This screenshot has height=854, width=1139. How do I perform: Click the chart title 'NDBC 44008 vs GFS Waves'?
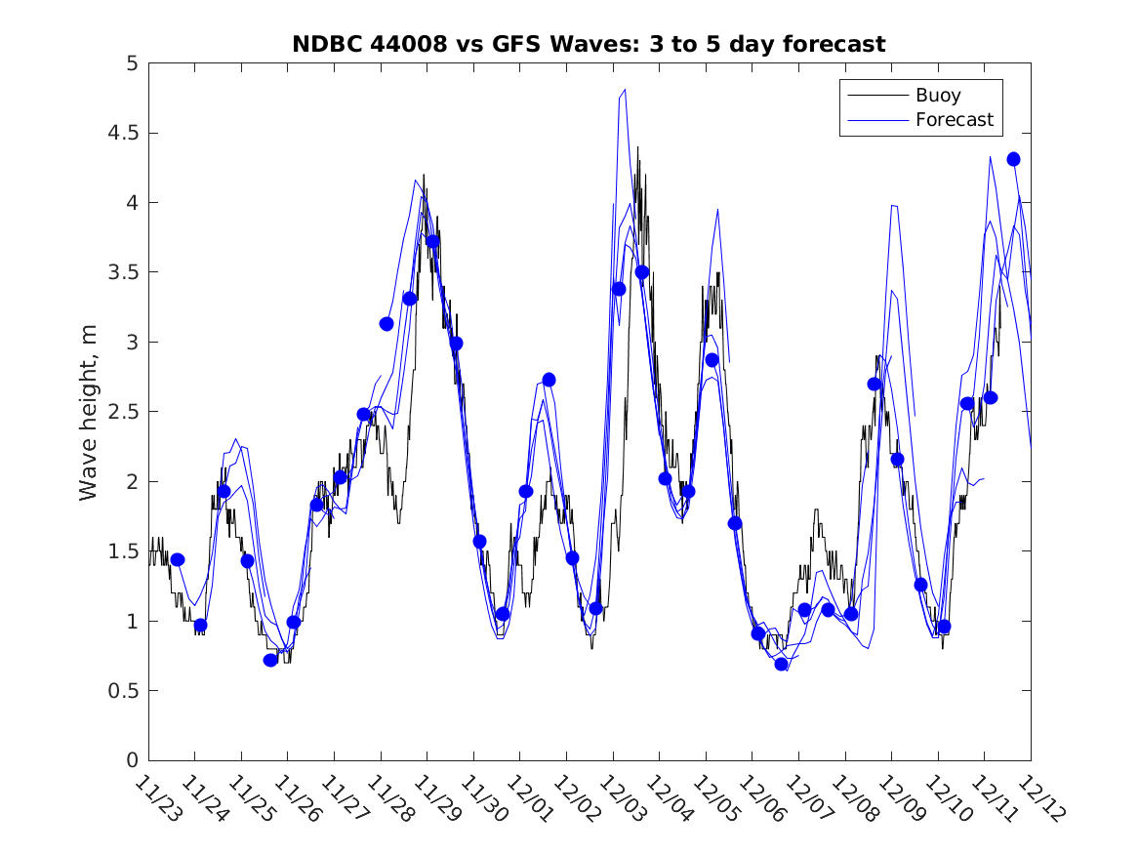589,45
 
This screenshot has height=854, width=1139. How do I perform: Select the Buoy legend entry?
938,96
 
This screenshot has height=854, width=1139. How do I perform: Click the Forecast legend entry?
954,120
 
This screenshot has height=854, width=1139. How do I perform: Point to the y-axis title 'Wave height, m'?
89,411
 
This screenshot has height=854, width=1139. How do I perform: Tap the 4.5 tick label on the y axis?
122,133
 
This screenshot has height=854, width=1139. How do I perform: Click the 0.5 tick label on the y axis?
122,691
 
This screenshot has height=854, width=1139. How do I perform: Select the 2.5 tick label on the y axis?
122,412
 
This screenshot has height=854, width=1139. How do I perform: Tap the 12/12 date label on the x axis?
1037,798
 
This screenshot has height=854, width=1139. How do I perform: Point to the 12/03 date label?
619,798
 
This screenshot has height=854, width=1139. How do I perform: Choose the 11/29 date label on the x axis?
433,798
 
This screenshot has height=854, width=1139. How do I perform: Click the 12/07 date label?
804,798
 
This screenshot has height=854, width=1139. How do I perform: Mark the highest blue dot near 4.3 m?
1013,159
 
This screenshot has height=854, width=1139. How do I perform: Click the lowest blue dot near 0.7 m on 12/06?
781,665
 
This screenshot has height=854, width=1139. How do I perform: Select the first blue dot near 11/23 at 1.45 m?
178,559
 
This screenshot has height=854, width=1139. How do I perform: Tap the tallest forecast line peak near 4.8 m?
624,90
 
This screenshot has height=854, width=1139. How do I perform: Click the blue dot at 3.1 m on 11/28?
386,324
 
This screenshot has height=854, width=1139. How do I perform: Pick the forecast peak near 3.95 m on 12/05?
717,209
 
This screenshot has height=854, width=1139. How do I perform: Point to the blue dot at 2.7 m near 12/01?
549,380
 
